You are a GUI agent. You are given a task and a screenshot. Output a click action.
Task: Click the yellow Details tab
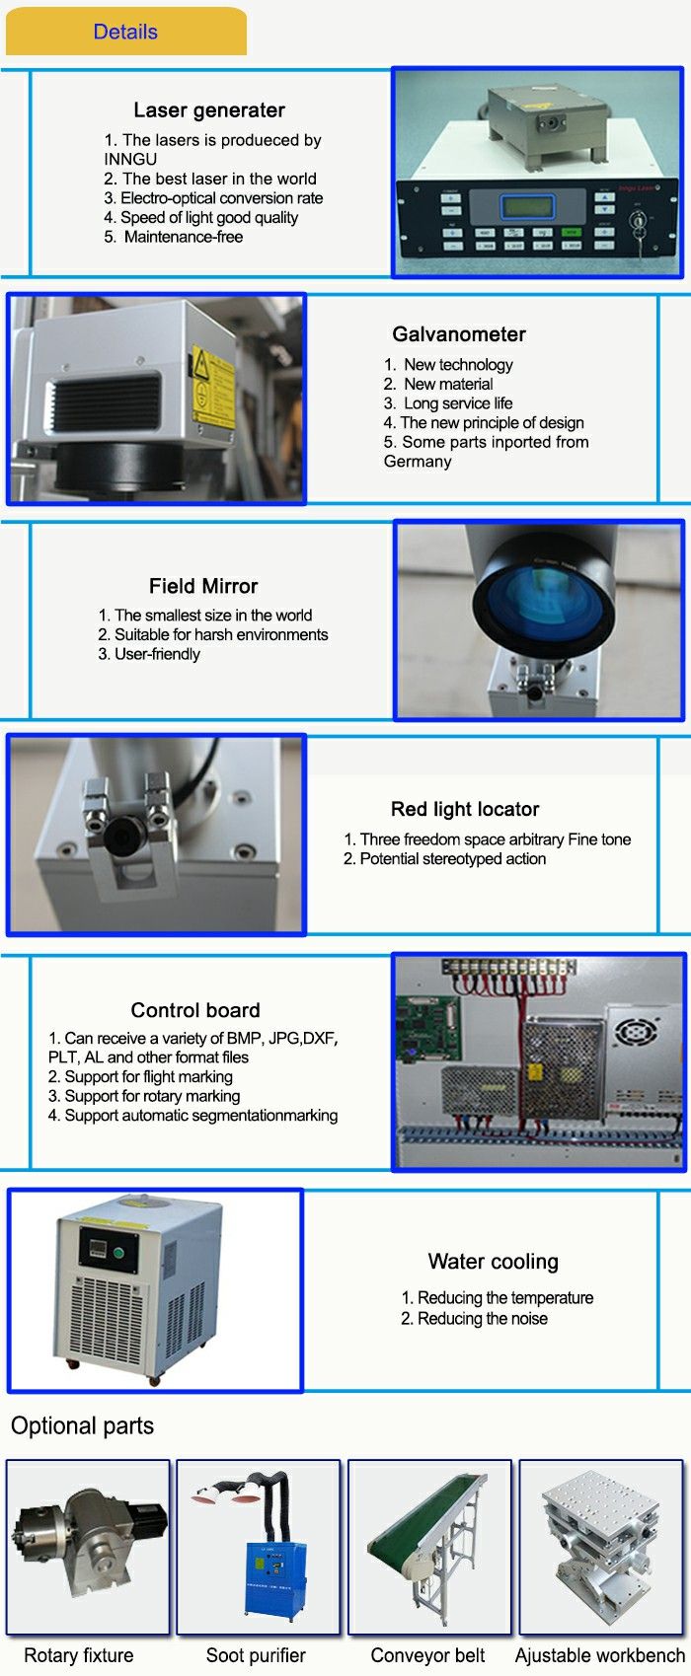[x=125, y=32]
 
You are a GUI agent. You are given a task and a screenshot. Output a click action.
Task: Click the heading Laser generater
[x=209, y=109]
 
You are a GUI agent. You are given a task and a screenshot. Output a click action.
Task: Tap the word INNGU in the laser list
[x=130, y=160]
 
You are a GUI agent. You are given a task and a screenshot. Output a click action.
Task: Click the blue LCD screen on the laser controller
[x=528, y=205]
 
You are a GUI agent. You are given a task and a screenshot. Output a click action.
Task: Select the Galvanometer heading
[x=459, y=334]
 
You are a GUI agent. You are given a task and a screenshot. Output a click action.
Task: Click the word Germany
[x=417, y=462]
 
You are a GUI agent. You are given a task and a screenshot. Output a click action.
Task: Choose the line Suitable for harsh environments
[x=212, y=634]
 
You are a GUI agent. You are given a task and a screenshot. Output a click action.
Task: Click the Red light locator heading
[x=465, y=809]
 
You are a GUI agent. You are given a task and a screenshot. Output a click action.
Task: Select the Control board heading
[x=195, y=1010]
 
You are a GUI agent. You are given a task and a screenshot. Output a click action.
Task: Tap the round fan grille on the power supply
[x=637, y=1032]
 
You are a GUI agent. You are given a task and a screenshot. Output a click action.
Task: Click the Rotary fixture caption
[x=79, y=1655]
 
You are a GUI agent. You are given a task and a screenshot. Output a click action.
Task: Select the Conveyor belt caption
[x=427, y=1655]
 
